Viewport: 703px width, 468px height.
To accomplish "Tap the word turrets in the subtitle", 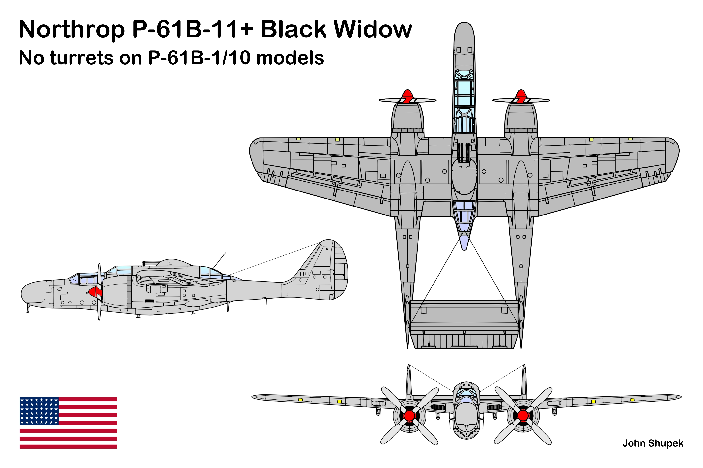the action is click(82, 58).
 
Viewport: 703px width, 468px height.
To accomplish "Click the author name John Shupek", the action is click(653, 443).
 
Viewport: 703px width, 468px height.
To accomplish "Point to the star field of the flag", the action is click(39, 411).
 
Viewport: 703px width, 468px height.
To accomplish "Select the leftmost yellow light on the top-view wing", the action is click(298, 139).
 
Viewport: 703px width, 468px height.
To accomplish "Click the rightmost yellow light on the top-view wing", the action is click(630, 139).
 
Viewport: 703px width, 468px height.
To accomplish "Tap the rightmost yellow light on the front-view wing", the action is click(632, 400).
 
